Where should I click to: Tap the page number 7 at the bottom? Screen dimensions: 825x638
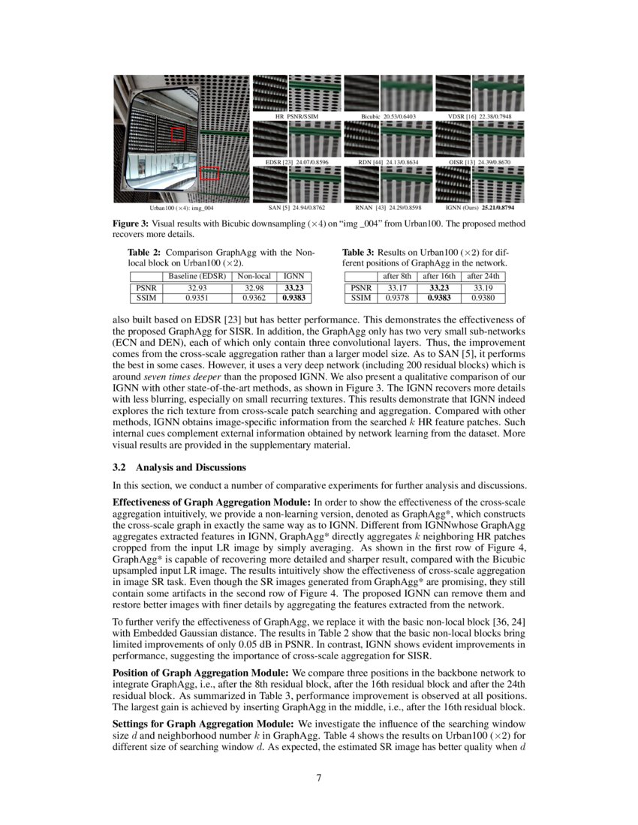click(x=319, y=777)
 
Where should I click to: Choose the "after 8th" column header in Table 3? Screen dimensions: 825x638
click(x=397, y=276)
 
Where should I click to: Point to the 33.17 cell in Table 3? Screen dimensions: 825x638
click(x=397, y=286)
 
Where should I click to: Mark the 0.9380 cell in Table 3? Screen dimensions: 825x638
click(x=485, y=297)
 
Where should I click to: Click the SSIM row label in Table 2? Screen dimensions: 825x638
click(x=141, y=297)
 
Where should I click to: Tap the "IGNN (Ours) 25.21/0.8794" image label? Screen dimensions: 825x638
click(x=479, y=206)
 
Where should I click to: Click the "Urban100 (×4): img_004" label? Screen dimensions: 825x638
click(x=182, y=206)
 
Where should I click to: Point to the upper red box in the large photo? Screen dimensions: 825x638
click(x=178, y=134)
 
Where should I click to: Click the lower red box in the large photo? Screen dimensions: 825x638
click(x=209, y=174)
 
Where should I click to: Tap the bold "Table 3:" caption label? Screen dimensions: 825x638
click(x=360, y=253)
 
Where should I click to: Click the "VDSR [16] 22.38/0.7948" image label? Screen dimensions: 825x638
click(x=480, y=117)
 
